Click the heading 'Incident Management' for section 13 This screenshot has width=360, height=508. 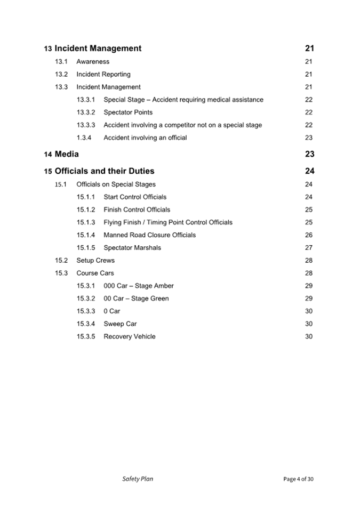pyautogui.click(x=98, y=49)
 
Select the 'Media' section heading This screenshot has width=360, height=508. pyautogui.click(x=67, y=154)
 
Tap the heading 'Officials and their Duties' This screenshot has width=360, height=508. pyautogui.click(x=105, y=171)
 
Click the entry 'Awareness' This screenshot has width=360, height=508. pyautogui.click(x=93, y=62)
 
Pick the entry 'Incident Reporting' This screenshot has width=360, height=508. pyautogui.click(x=103, y=75)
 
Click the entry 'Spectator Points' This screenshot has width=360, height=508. pyautogui.click(x=128, y=112)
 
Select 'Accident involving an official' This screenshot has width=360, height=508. pyautogui.click(x=145, y=138)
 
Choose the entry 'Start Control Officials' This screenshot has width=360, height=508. pyautogui.click(x=135, y=197)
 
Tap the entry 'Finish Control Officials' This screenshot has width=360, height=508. pyautogui.click(x=137, y=210)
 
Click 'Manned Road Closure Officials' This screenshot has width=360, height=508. pyautogui.click(x=150, y=235)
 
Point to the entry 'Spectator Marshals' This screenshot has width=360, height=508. pyautogui.click(x=132, y=248)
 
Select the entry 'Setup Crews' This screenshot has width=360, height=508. pyautogui.click(x=95, y=261)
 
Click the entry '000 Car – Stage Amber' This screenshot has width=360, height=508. pyautogui.click(x=139, y=286)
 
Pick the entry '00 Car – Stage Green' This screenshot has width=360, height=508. pyautogui.click(x=136, y=299)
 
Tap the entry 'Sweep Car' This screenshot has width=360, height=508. pyautogui.click(x=120, y=324)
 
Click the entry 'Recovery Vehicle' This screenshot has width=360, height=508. pyautogui.click(x=130, y=337)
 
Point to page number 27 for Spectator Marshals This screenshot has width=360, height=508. pyautogui.click(x=309, y=248)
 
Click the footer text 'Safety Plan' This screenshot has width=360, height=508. pyautogui.click(x=138, y=479)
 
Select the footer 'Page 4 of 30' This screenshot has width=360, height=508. pyautogui.click(x=298, y=479)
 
